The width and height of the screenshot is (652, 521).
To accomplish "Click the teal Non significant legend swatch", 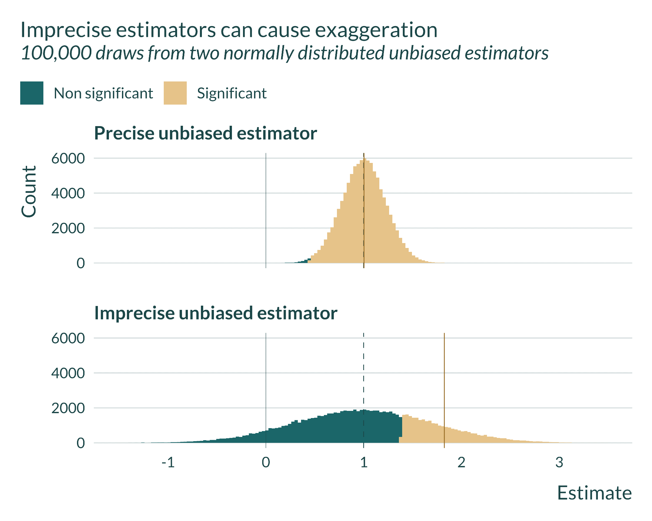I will coord(32,93).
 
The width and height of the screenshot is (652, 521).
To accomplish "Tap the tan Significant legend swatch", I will coord(175,93).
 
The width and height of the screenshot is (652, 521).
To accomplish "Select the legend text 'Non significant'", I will coord(103,94).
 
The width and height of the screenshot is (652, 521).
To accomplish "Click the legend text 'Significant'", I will coord(232,94).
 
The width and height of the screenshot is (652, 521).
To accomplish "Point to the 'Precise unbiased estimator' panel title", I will coord(205,133).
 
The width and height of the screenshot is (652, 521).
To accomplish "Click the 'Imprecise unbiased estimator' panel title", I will coord(216,313).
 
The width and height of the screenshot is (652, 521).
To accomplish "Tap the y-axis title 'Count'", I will coord(29,191).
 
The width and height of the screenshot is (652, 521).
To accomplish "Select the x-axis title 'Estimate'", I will coord(594,493).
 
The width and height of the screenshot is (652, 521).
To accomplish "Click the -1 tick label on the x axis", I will coord(168,462).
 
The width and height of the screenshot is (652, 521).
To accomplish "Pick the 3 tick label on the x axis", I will coord(559,462).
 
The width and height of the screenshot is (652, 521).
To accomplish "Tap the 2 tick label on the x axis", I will coord(461,462).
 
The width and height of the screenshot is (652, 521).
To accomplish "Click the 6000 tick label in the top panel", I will coord(68,159).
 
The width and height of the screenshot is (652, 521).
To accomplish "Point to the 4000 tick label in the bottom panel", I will coord(68,373).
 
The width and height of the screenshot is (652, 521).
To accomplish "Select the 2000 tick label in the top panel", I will coord(68,228).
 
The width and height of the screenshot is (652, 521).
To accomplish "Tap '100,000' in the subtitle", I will coord(56,53).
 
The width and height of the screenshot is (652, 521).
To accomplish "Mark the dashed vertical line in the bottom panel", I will coord(364,375).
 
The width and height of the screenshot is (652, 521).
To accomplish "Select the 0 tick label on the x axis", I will coord(266,462).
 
